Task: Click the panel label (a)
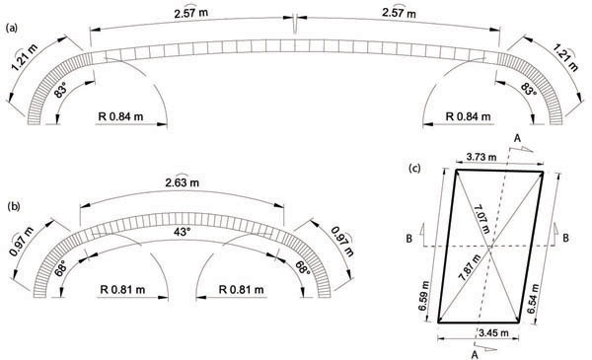(x=12, y=28)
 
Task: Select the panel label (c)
(x=414, y=169)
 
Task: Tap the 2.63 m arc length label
(x=182, y=182)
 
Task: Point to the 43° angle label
(x=182, y=232)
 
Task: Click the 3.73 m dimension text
(x=481, y=157)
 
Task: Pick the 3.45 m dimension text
(x=493, y=333)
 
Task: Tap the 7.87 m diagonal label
(x=470, y=267)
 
